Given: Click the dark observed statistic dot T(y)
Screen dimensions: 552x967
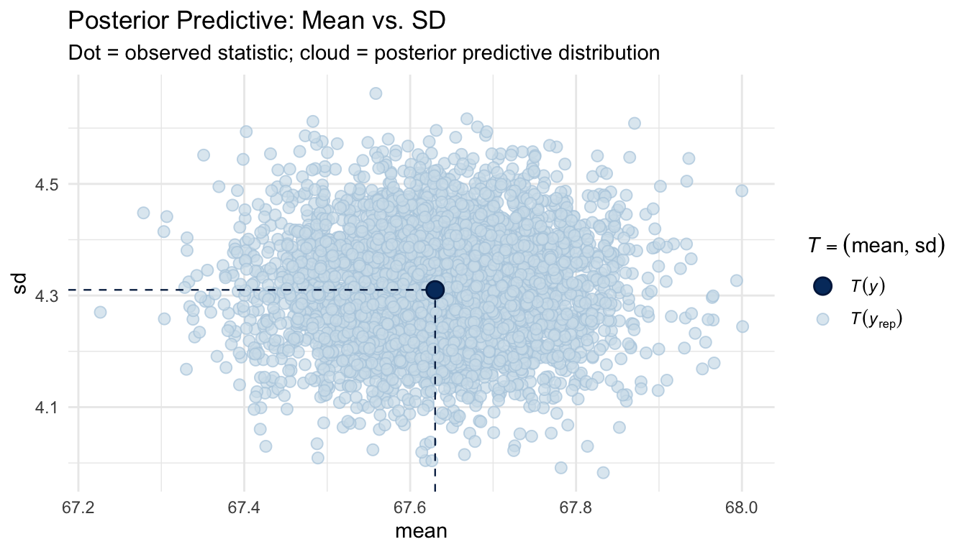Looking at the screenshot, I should click(x=435, y=289).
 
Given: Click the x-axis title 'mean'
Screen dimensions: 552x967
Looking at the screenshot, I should click(x=422, y=533).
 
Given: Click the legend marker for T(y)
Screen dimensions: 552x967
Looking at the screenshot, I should click(x=823, y=286).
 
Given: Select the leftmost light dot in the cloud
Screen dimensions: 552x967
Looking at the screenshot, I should click(x=100, y=312).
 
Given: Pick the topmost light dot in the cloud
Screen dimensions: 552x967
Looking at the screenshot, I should click(x=376, y=93).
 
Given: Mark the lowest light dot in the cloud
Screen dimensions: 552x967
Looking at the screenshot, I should click(x=603, y=472).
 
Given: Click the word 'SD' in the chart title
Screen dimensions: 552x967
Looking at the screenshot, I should click(x=428, y=22).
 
